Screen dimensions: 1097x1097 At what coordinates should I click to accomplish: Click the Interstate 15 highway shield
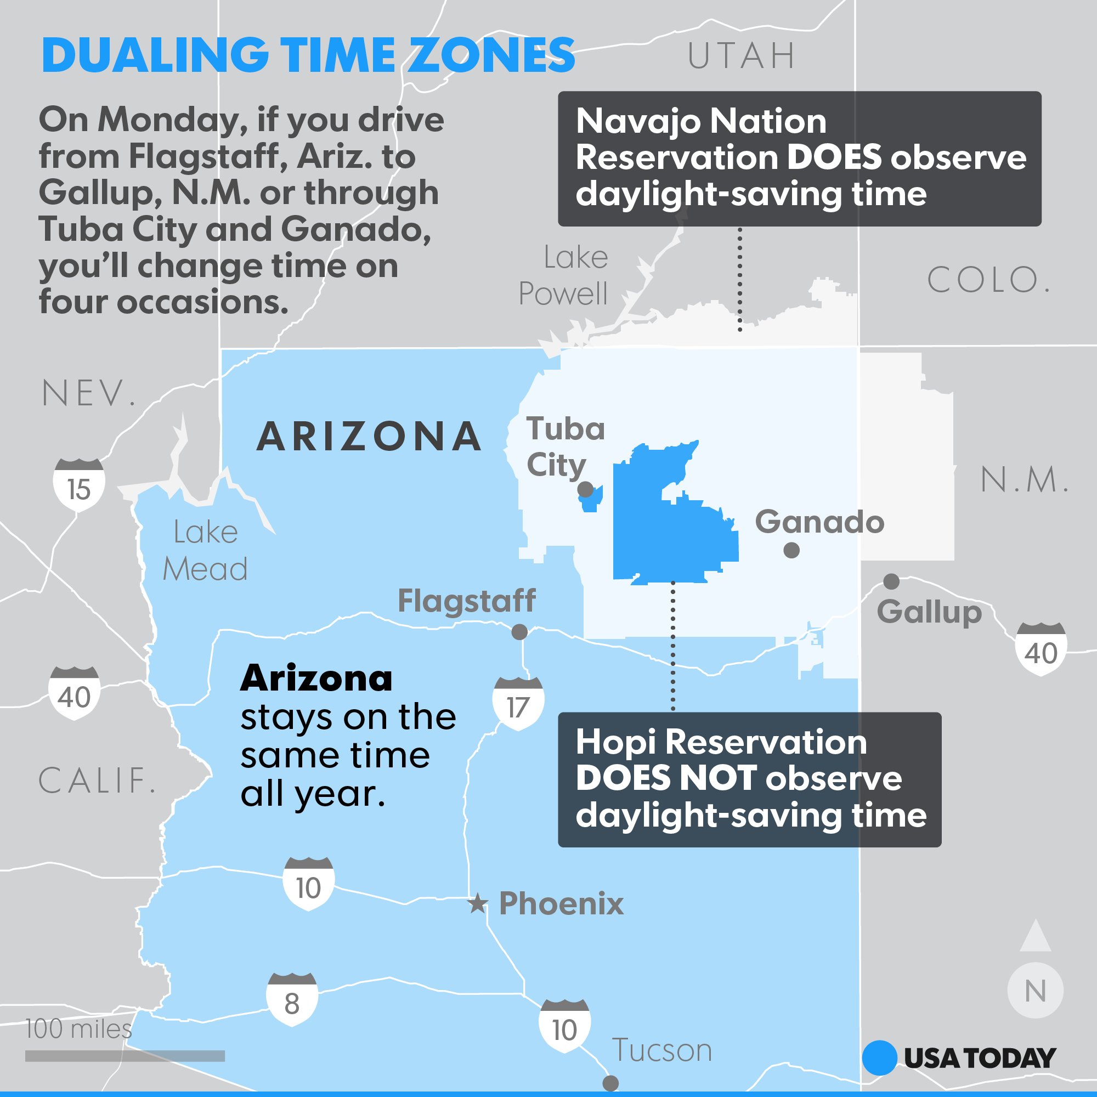(79, 485)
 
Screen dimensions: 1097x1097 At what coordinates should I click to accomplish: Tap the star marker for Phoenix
(478, 903)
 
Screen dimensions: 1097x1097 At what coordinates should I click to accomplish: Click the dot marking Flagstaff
(519, 632)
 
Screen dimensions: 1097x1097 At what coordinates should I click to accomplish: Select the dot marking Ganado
(791, 550)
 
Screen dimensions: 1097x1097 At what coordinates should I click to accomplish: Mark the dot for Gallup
(891, 581)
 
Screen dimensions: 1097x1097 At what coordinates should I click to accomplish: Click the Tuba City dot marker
(585, 489)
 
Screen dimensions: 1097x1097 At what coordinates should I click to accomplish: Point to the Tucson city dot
(610, 1083)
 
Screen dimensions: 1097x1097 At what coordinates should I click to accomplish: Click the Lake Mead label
(205, 551)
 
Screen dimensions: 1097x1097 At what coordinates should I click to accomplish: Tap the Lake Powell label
(564, 275)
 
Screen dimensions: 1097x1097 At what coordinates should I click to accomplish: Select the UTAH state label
(741, 55)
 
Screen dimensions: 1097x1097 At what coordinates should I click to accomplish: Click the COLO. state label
(988, 280)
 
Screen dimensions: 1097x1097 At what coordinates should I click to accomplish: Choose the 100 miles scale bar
(125, 1056)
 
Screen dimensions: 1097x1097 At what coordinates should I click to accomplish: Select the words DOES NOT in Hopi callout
(666, 778)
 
